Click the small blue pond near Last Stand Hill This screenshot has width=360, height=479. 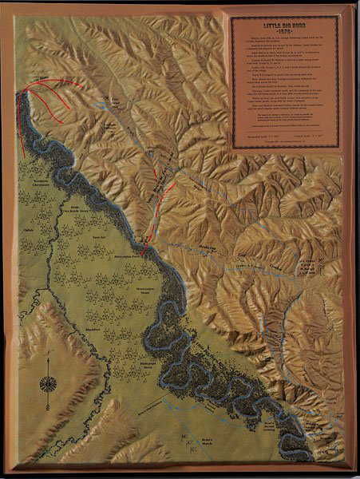point(104,98)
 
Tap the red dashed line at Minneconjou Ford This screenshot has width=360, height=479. point(147,236)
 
